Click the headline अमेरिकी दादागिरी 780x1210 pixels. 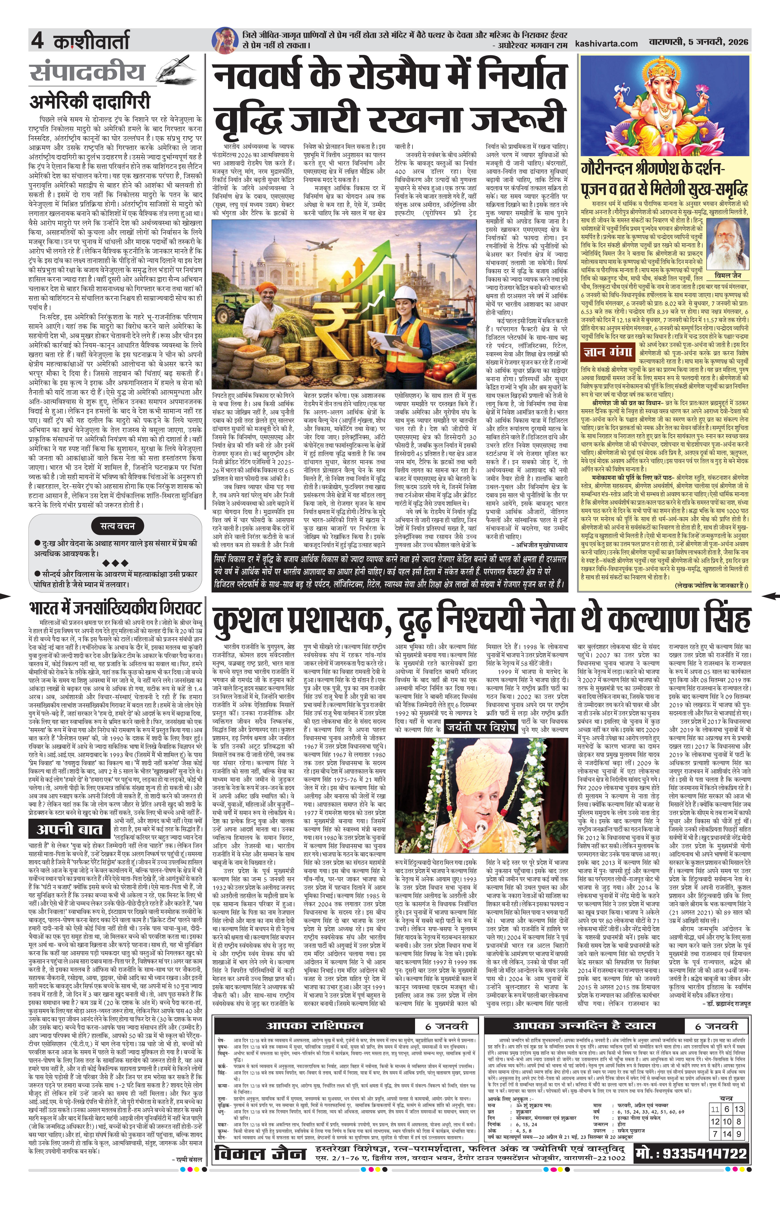[x=90, y=102]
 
